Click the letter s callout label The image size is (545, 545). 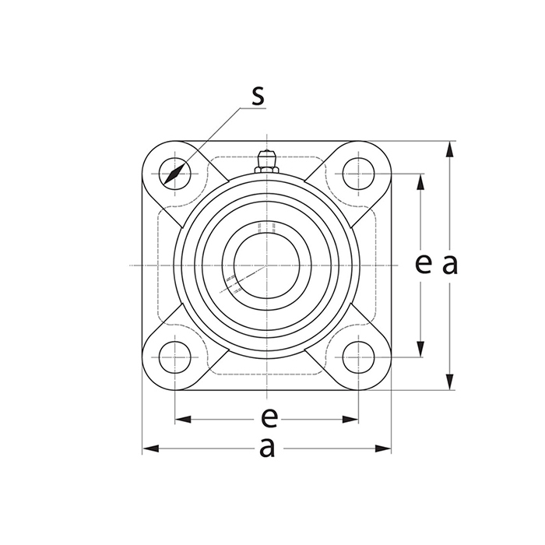pos(258,95)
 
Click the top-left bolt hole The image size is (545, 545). pos(175,174)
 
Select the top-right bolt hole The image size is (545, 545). pos(358,174)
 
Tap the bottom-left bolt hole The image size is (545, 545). pos(175,357)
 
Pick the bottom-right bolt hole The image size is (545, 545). pos(358,357)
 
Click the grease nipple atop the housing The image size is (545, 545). pos(266,161)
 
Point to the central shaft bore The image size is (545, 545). pos(266,265)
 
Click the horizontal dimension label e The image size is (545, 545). pos(269,418)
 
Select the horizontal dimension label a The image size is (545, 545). pos(267,448)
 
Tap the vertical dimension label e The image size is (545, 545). pos(424,264)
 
